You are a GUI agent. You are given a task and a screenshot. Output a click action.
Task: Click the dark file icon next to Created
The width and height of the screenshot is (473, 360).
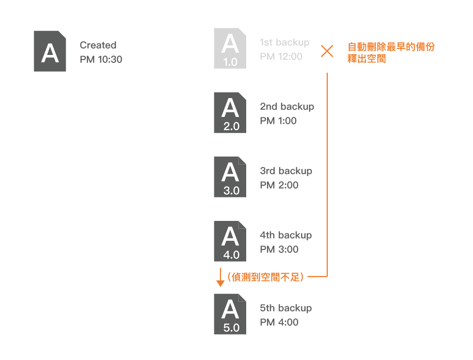point(50,51)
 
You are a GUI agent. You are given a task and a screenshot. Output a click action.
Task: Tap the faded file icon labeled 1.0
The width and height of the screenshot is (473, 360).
point(230,48)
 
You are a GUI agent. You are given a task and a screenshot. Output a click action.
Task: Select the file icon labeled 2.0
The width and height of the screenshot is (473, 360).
point(230,113)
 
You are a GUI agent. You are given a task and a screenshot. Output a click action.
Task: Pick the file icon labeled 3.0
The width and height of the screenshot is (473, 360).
point(230,177)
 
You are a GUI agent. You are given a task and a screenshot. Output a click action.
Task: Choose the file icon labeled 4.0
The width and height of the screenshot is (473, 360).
point(230,241)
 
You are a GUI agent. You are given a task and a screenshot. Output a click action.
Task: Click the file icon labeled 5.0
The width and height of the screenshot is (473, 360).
point(230,314)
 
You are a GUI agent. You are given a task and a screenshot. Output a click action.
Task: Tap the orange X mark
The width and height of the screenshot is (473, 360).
point(327,51)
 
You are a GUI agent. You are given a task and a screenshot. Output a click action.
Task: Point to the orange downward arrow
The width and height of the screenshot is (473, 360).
point(220,277)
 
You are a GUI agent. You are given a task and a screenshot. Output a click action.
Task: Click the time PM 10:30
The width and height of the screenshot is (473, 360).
point(101,60)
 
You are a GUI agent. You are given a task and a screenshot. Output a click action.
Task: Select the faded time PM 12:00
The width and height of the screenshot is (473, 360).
point(281,56)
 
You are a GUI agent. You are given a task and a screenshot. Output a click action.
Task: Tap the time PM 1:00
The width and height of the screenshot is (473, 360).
point(278,121)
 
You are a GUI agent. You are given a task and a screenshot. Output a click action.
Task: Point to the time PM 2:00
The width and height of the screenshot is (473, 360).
point(279,185)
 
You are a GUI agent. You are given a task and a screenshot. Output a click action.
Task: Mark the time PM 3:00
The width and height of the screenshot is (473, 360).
point(279,249)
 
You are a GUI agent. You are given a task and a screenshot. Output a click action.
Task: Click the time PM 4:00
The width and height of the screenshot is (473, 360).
point(279,322)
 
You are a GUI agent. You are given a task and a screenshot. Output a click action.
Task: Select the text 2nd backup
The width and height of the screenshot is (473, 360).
point(287,107)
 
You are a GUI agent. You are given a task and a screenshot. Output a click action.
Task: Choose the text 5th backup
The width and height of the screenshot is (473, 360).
point(285,308)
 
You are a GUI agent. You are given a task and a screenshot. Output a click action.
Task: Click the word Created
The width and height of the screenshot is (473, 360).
point(98,45)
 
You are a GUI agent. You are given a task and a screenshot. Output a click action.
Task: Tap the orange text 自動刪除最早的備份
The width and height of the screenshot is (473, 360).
point(391,47)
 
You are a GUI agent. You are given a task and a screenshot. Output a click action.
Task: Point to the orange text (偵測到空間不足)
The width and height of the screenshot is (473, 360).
point(266,277)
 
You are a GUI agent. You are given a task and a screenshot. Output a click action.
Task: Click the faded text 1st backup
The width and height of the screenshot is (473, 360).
point(285,42)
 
